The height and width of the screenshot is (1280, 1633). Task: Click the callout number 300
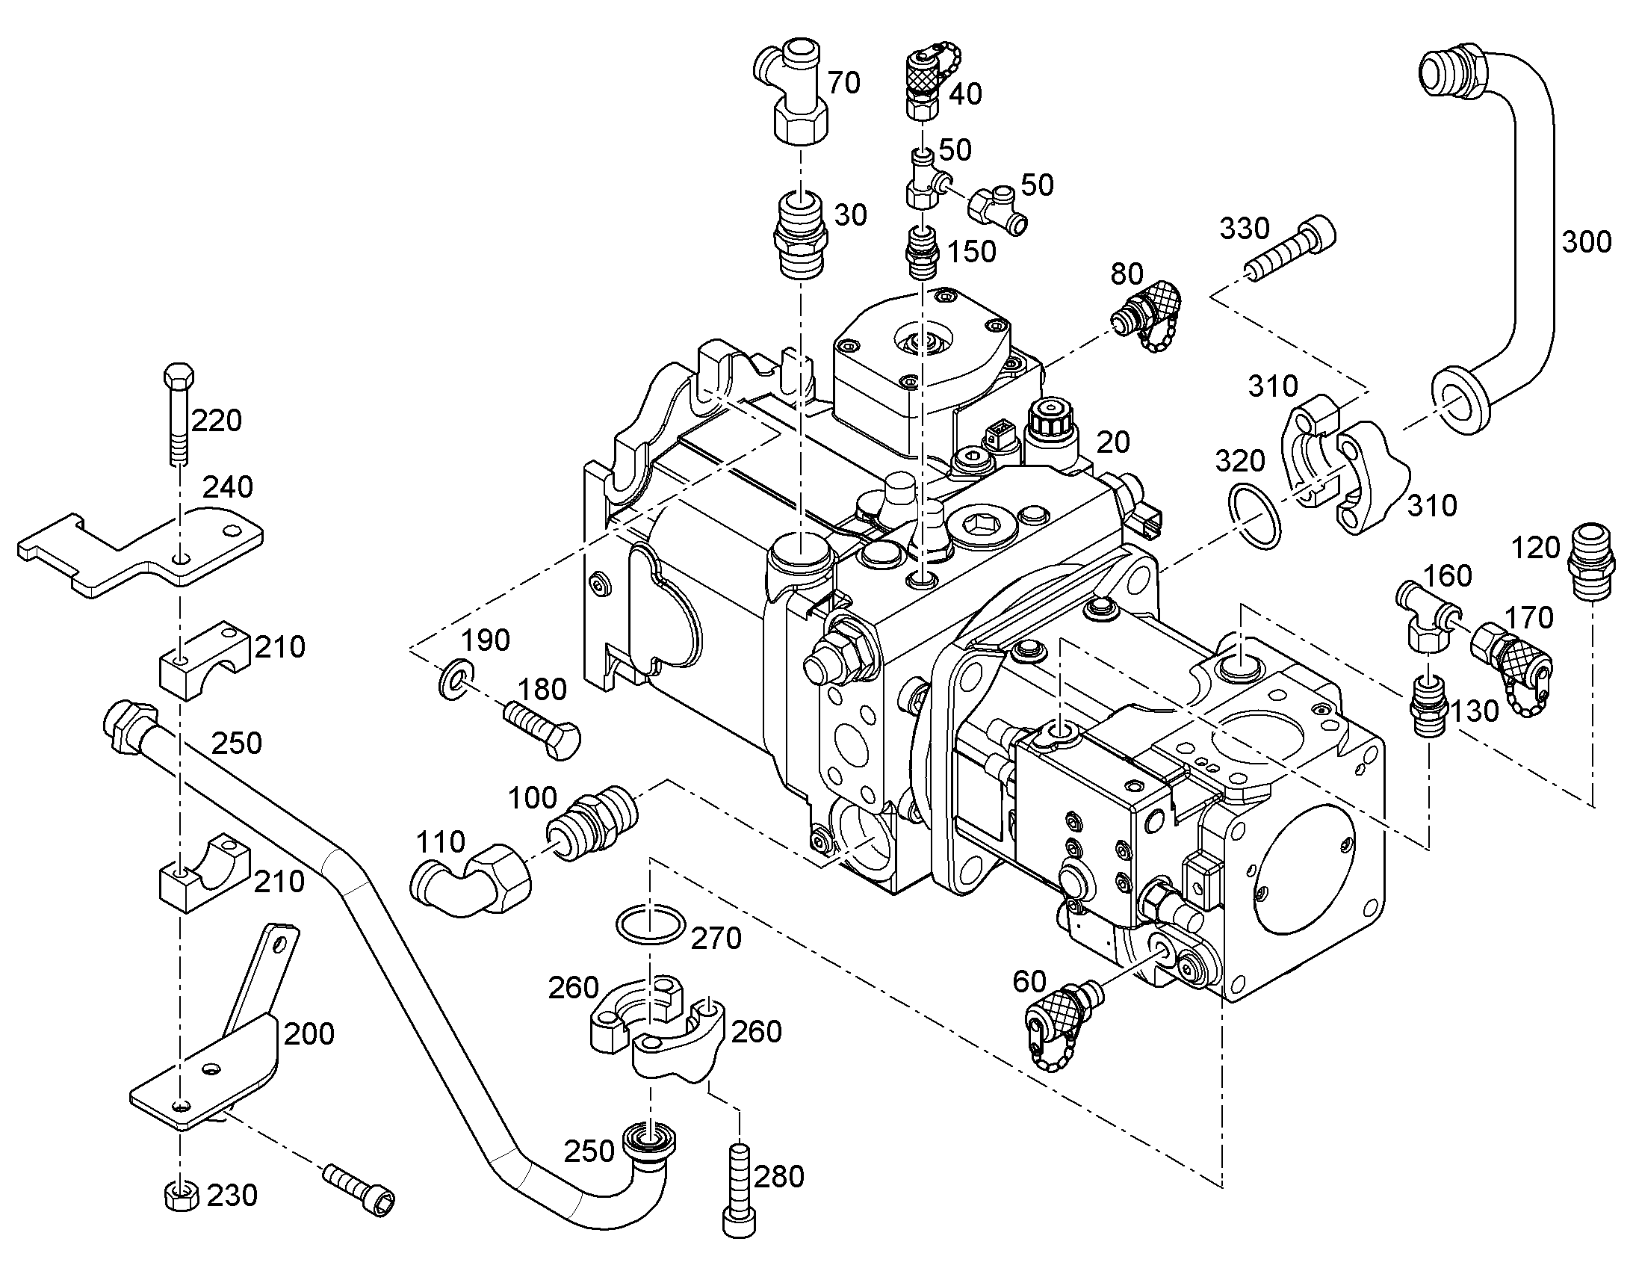tap(1586, 242)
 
